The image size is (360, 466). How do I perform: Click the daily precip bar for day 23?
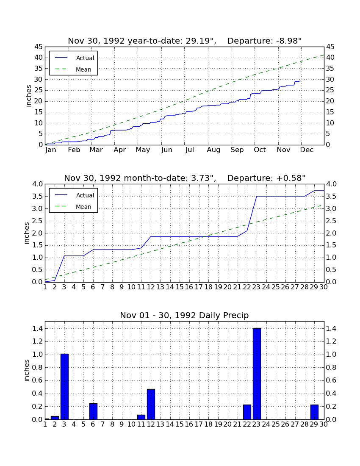(257, 374)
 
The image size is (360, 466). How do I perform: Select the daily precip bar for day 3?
(64, 386)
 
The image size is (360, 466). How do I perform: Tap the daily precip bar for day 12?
(151, 404)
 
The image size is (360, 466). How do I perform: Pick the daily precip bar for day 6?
(93, 411)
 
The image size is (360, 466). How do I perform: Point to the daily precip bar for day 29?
(314, 412)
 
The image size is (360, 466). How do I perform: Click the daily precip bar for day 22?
(247, 412)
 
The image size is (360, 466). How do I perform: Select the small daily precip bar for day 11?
(141, 417)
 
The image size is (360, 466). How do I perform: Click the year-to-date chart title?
(185, 41)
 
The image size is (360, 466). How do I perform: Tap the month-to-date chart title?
(185, 178)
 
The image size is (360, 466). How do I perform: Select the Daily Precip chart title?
(184, 315)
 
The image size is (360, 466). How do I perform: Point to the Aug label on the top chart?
(213, 150)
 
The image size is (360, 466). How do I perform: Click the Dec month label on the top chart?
(307, 150)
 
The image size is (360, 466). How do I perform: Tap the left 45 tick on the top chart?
(39, 47)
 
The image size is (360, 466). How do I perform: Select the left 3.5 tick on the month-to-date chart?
(38, 197)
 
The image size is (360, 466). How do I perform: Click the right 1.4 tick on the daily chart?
(331, 329)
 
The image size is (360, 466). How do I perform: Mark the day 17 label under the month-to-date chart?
(198, 287)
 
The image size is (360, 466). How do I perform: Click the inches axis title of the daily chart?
(27, 370)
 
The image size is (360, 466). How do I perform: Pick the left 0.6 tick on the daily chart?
(38, 380)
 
